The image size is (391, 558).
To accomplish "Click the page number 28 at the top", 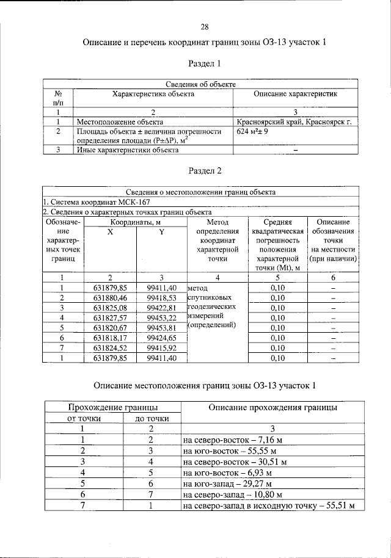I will pos(205,26).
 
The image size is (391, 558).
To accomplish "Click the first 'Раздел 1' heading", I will pos(205,63).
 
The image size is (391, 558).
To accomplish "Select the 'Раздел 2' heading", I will pos(205,171).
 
